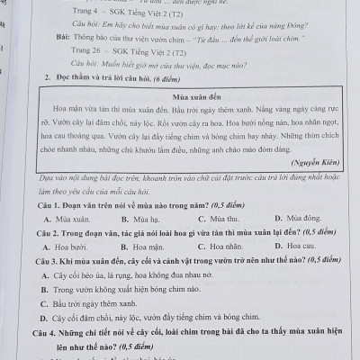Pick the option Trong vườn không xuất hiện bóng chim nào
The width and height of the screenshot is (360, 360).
[135, 288]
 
